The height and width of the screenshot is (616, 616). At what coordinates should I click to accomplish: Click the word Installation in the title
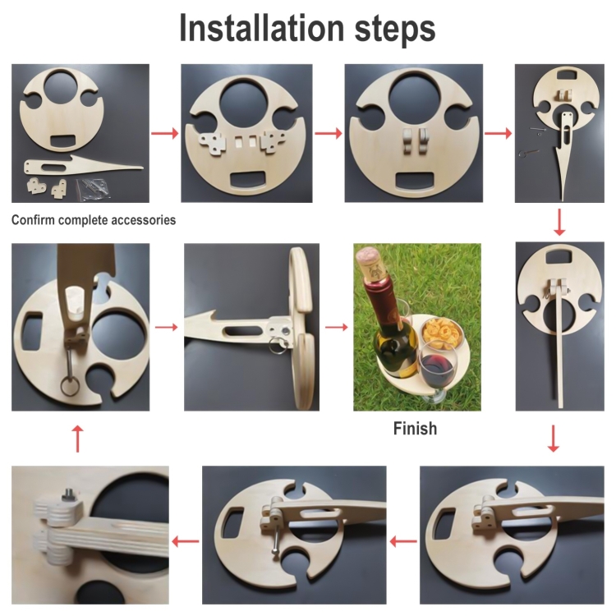coord(261,28)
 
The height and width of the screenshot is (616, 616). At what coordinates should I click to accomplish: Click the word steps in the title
coord(395,30)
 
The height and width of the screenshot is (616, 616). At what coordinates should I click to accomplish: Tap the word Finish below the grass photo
coord(415,428)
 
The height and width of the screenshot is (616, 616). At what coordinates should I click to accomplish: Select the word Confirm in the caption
coord(33,219)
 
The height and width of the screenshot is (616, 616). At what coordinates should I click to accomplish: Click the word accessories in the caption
coord(144,220)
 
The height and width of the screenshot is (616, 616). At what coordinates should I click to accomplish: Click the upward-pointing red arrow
coord(78,439)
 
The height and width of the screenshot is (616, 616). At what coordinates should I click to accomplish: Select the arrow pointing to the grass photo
coord(337,327)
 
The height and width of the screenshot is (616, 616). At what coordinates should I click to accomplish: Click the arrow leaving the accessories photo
coord(164,133)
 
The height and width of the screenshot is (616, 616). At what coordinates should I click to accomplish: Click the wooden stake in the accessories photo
coord(83,167)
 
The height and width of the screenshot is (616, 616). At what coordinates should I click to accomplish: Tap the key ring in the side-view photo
coord(278,347)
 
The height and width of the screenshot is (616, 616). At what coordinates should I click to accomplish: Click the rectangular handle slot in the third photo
coord(414,182)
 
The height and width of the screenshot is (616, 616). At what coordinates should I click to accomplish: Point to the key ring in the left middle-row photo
coord(70,387)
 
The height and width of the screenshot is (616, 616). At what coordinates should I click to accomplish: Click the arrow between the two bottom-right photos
coord(403,542)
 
